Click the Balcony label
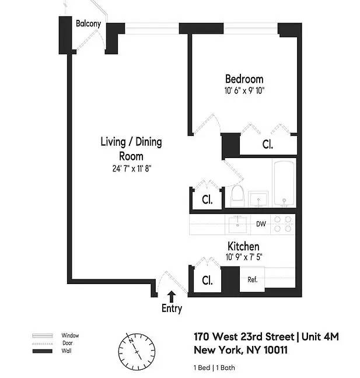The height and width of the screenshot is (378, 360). pos(88,23)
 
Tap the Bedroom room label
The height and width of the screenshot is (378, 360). pos(244,79)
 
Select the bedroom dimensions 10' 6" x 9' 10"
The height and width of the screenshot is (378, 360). pos(244,90)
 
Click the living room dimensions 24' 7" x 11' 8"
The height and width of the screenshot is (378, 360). pos(132,169)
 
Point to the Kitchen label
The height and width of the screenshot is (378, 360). pos(243,246)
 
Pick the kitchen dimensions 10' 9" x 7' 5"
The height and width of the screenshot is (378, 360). pos(244,257)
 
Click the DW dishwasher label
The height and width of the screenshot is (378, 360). pos(261,224)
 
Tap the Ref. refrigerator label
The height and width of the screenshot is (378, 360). pos(252,279)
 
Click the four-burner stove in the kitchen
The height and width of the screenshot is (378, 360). pos(282,224)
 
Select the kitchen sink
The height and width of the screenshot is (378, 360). pos(237,224)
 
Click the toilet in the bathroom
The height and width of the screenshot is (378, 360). pos(237,196)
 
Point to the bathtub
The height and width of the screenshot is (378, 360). pos(284,183)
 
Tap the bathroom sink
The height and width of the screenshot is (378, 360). pos(258,199)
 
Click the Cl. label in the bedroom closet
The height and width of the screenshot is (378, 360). pos(268,144)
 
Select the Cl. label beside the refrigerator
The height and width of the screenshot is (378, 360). pos(207,280)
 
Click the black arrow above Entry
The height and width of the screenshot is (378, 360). pos(172,296)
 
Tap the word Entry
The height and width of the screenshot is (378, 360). pos(172,309)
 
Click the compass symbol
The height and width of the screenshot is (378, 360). pos(137,352)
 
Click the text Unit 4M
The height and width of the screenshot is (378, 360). pos(320,337)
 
